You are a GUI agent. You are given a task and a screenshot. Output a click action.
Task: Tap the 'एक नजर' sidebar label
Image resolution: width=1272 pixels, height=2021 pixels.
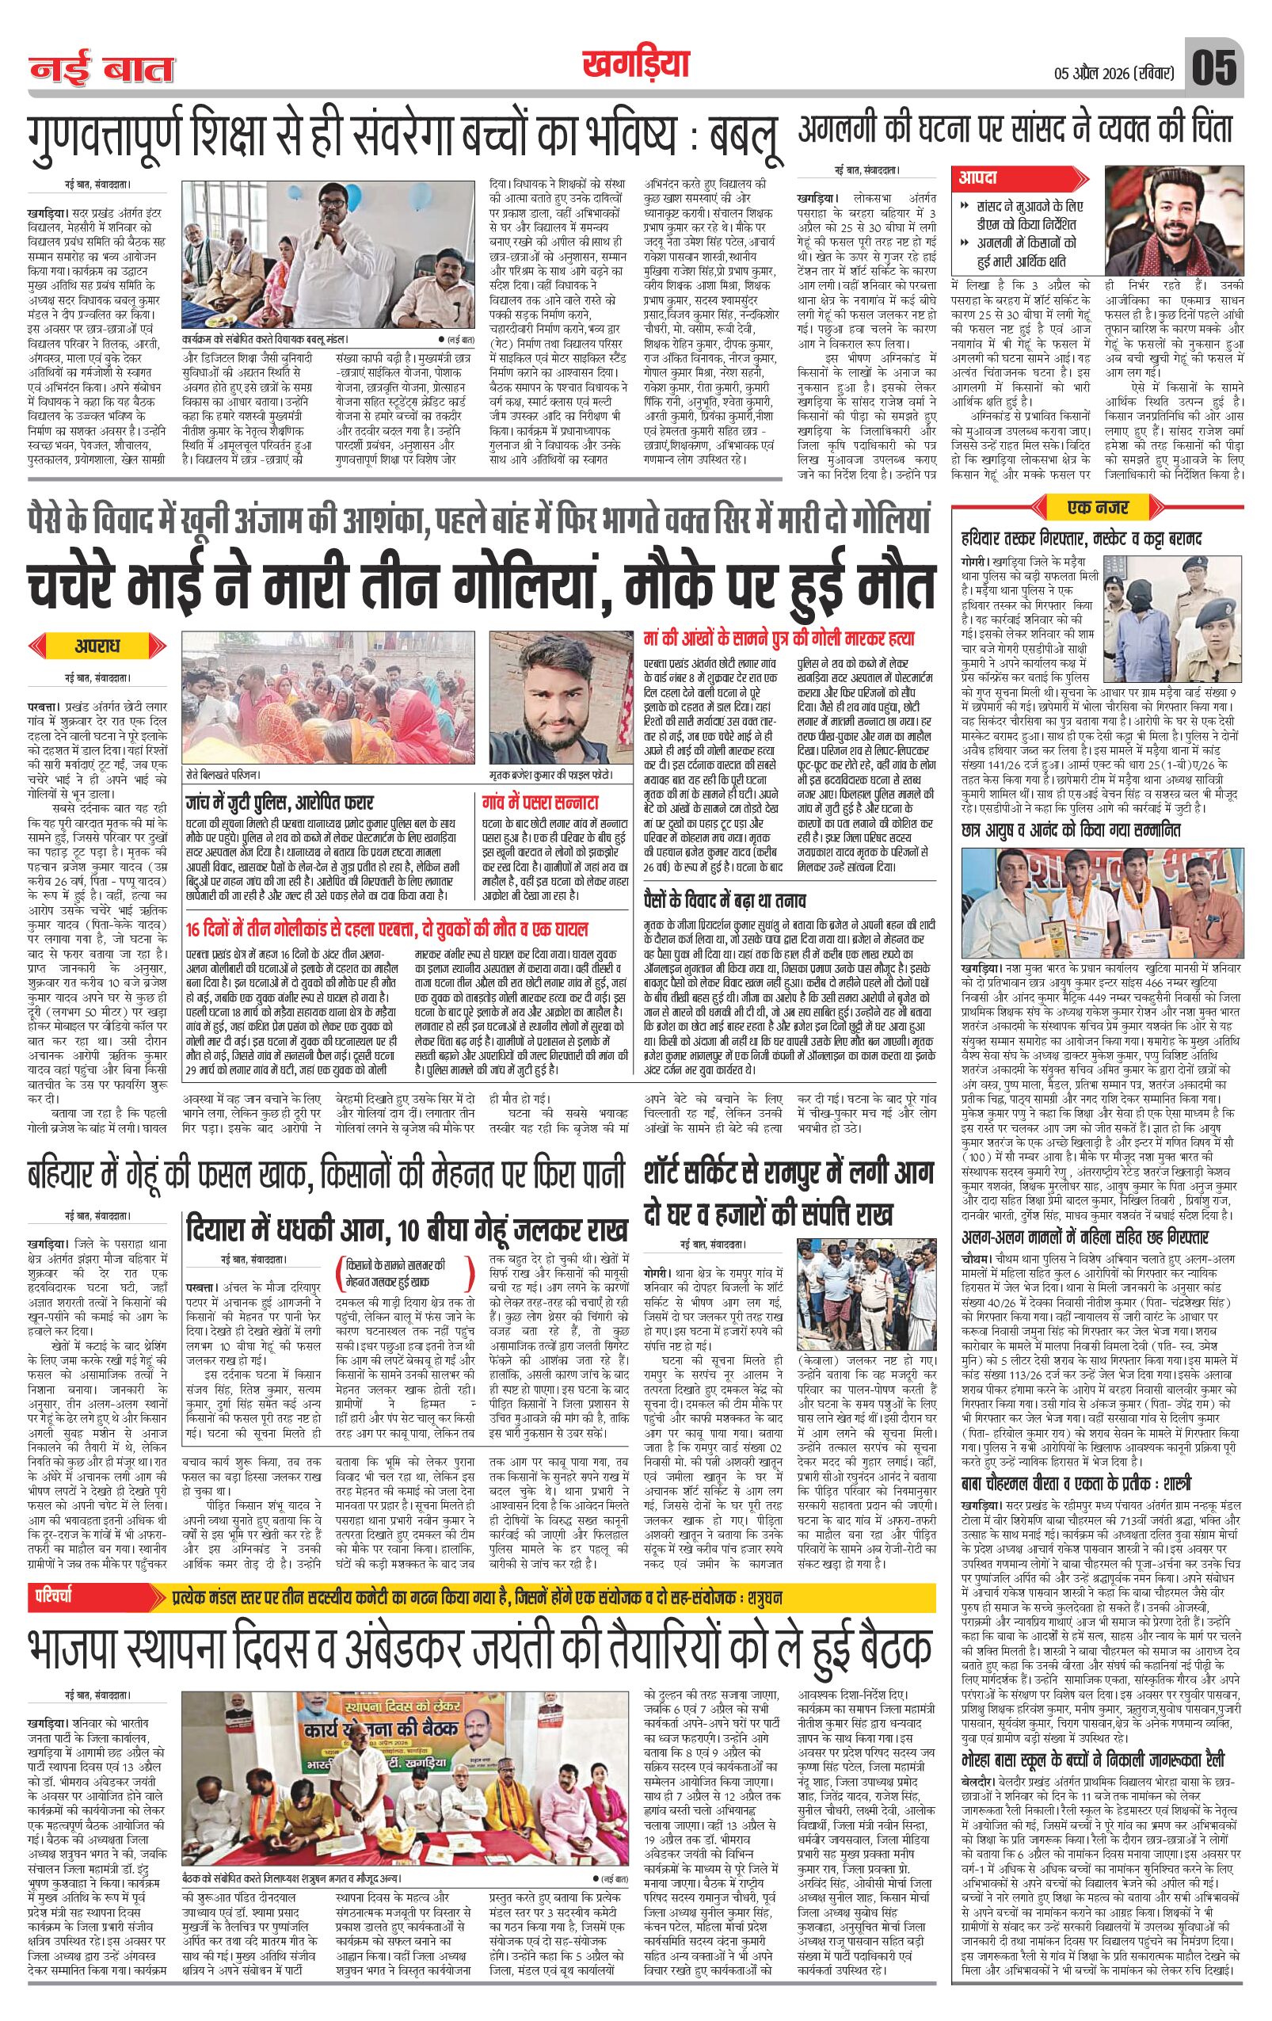pyautogui.click(x=1098, y=507)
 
